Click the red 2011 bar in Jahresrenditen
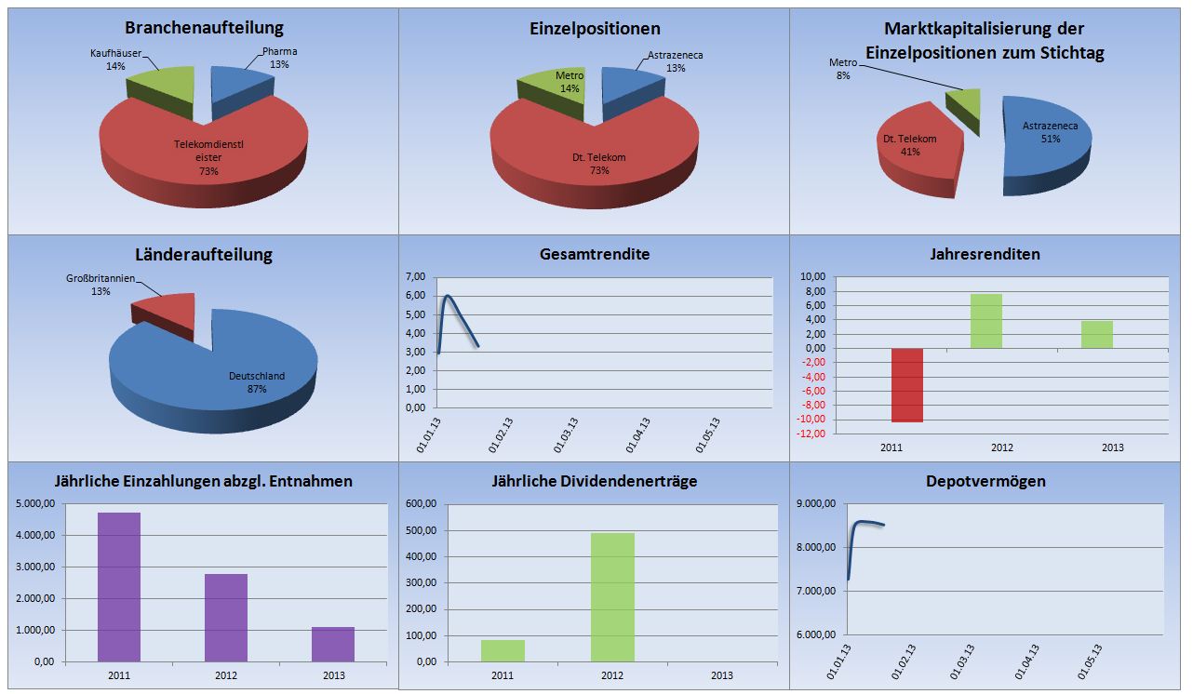907,384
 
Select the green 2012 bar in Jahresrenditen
985,321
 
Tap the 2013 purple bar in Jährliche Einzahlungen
332,644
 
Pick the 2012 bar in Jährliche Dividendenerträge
612,596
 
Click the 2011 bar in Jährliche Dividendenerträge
503,650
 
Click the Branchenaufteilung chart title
204,28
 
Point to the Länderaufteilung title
204,255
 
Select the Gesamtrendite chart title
594,254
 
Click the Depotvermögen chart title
985,481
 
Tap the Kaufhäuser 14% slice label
116,60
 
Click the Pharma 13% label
279,58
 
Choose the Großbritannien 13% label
101,285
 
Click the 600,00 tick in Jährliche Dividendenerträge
422,504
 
